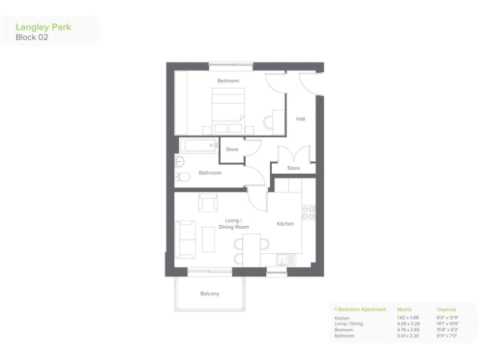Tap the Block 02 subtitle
pos(32,37)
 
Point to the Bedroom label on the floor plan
pos(228,81)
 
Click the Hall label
pos(301,119)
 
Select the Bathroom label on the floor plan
pos(210,173)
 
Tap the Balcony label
pos(210,293)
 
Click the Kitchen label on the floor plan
pos(286,224)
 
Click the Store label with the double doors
pos(294,168)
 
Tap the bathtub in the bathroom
pos(197,146)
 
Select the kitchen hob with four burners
pos(307,212)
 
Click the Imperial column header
pos(446,309)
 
